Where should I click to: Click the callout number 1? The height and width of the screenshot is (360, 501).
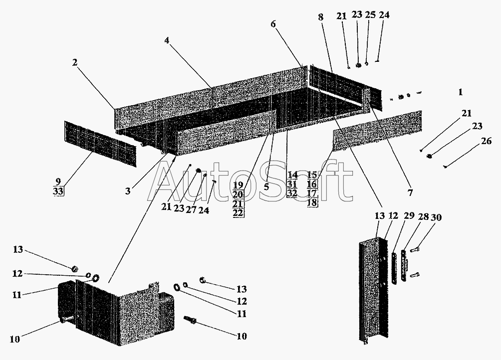[460, 92]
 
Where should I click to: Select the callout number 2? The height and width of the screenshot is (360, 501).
[74, 62]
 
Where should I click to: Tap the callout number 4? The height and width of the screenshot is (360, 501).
[167, 40]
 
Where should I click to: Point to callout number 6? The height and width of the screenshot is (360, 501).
[273, 24]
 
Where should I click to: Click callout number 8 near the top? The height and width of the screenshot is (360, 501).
[320, 17]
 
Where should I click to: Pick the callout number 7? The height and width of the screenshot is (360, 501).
[410, 192]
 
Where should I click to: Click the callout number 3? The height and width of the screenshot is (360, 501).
[128, 191]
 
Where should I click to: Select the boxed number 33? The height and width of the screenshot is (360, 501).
[58, 191]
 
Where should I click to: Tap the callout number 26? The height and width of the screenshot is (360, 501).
[486, 141]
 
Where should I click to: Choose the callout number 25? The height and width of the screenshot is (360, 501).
[370, 14]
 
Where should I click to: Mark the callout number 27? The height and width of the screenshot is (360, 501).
[191, 210]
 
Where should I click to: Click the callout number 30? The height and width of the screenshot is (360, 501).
[436, 217]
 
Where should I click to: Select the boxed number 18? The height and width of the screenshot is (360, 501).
[312, 202]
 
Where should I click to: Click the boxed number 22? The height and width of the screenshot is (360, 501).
[238, 213]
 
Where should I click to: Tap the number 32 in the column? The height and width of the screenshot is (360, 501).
[292, 193]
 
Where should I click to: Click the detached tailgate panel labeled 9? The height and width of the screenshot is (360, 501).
[100, 144]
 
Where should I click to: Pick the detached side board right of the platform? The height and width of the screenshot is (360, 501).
[377, 130]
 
